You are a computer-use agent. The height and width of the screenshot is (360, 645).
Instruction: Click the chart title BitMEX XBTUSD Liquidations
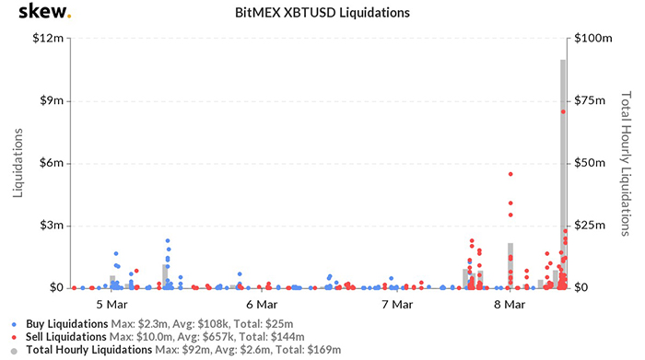[322, 14]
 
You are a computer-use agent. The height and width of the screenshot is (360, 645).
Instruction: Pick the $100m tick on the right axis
[593, 39]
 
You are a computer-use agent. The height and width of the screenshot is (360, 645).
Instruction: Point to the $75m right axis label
[592, 101]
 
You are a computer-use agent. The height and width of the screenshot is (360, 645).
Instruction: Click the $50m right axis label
[592, 164]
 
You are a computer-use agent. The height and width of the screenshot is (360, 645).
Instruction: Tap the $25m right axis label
[592, 226]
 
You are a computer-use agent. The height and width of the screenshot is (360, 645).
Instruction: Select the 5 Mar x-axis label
[111, 304]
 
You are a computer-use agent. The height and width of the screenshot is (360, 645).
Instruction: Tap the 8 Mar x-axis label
[510, 304]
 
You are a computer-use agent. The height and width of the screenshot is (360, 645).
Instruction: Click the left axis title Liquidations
[18, 163]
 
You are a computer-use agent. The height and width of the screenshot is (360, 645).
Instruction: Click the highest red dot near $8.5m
[563, 111]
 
